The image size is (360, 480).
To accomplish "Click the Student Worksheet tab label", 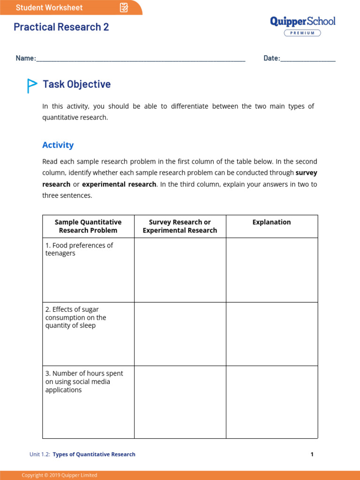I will coord(49,7).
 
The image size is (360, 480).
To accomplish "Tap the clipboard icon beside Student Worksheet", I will coord(124,7).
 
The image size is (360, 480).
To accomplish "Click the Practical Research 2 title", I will coord(61,27).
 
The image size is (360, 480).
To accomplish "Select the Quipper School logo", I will coord(303,22).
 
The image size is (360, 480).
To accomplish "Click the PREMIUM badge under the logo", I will coord(302,33).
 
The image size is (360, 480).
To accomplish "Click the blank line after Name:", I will coord(141,59).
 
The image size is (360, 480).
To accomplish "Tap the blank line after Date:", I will coord(308,59).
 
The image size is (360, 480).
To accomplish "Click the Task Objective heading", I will coord(77,84).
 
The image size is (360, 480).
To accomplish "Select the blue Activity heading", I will coord(58,145).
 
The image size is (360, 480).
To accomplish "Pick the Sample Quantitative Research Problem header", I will coord(88,226).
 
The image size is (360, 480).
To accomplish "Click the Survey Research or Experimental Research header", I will coord(180,226).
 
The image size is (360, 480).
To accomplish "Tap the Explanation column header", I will coord(272,222).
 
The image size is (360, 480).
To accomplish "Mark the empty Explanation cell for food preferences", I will coord(272,270).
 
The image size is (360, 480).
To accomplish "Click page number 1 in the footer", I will coord(312,454).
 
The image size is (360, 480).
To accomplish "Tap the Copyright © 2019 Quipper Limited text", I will coord(60,475).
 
